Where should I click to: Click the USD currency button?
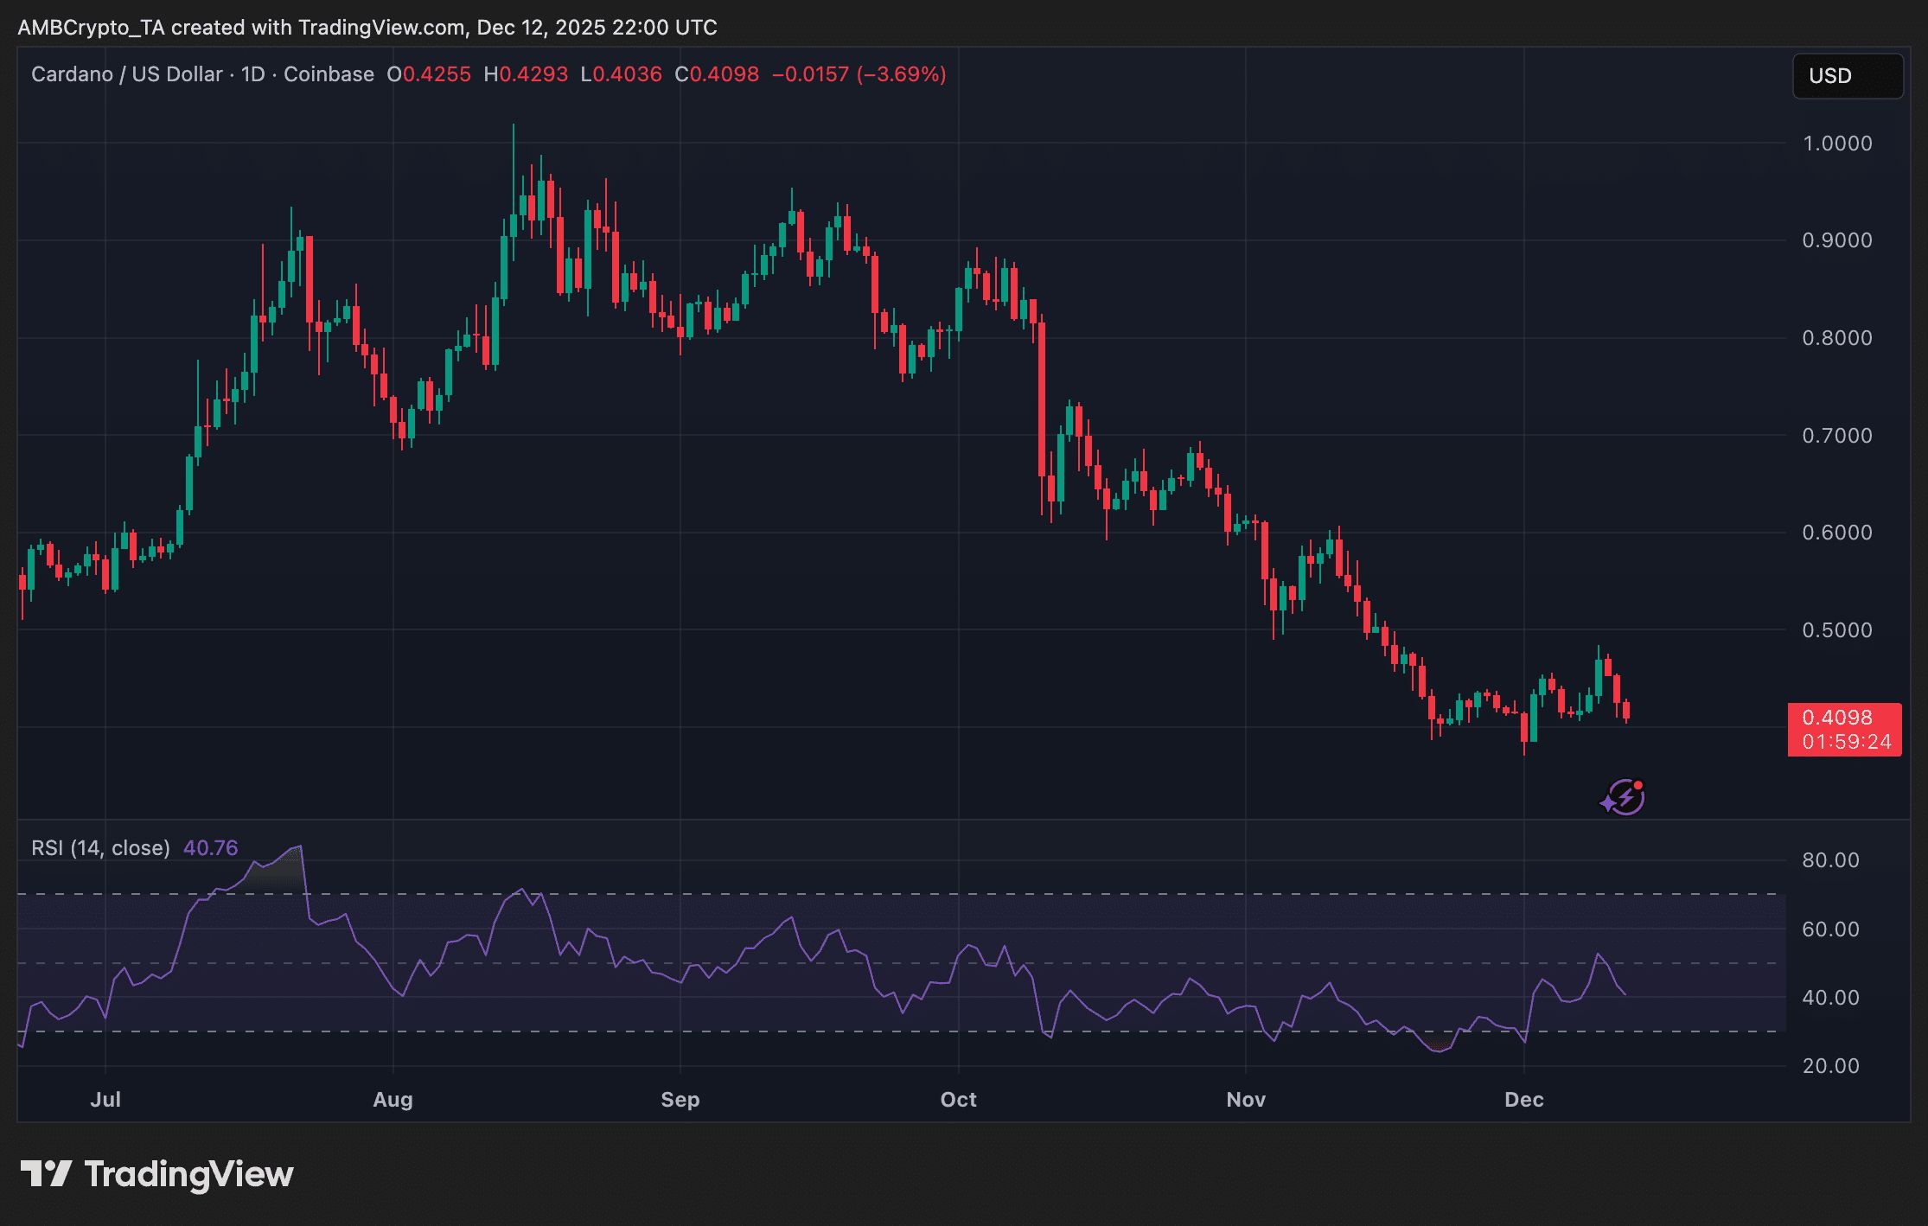[x=1847, y=76]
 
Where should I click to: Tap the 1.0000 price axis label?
[x=1836, y=144]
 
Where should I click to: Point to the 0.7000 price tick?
[x=1836, y=436]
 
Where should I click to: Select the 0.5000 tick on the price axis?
[x=1836, y=630]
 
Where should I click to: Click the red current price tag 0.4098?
[x=1843, y=718]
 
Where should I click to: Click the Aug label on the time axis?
[x=393, y=1100]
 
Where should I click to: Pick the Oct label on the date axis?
[x=958, y=1100]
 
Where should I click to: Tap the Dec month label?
[x=1523, y=1100]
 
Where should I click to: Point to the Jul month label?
[x=105, y=1100]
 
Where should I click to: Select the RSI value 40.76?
[x=210, y=848]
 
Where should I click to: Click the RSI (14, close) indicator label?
[x=100, y=848]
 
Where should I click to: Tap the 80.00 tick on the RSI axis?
[x=1830, y=860]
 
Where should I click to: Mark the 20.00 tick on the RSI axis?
[x=1830, y=1066]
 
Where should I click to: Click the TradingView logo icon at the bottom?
[x=46, y=1174]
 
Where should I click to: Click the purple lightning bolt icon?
[x=1625, y=797]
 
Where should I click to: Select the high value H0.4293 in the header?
[x=526, y=74]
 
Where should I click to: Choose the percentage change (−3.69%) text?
[x=901, y=74]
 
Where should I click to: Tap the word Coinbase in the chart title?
[x=329, y=74]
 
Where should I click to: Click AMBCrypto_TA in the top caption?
[x=91, y=28]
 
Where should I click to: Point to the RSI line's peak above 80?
[x=299, y=847]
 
